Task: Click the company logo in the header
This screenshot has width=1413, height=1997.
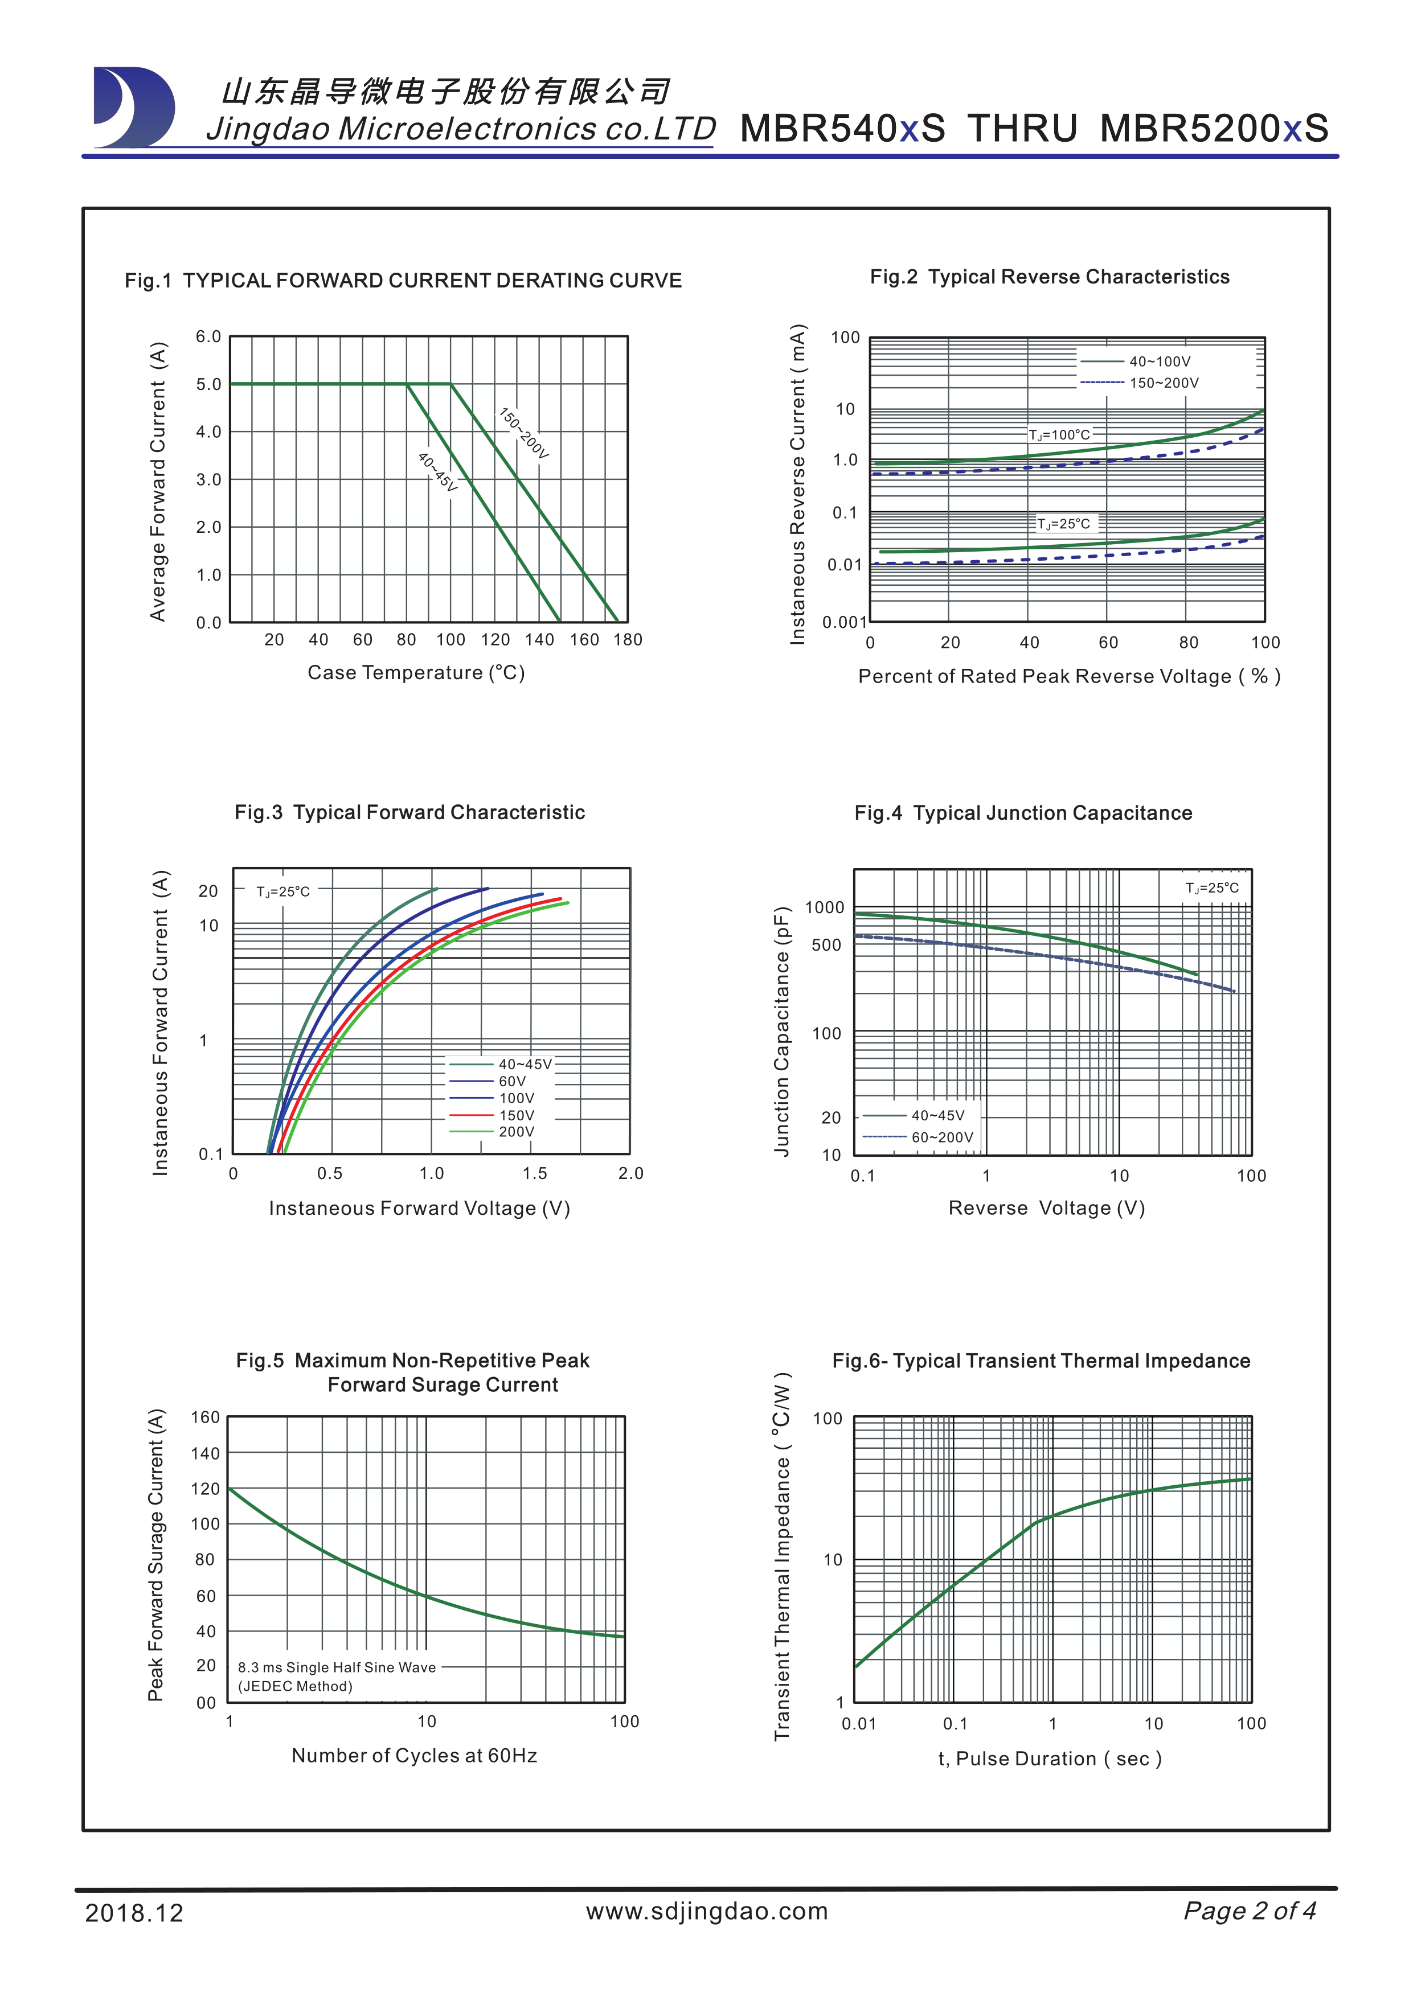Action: pos(134,107)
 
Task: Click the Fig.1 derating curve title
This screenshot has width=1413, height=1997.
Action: pos(403,281)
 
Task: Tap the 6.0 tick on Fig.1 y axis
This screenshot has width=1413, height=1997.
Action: pos(208,336)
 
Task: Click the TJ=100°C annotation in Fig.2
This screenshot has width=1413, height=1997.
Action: pos(1059,435)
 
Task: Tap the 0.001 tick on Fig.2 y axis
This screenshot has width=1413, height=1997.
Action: pos(844,622)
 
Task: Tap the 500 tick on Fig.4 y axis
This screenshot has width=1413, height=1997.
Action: pos(826,946)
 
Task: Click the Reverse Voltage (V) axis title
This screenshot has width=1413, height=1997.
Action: pos(1046,1208)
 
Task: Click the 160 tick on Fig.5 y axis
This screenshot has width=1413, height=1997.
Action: pos(206,1417)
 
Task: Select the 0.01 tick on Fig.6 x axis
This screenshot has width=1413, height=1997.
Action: pos(859,1724)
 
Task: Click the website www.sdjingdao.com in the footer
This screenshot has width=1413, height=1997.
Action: pos(706,1911)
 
